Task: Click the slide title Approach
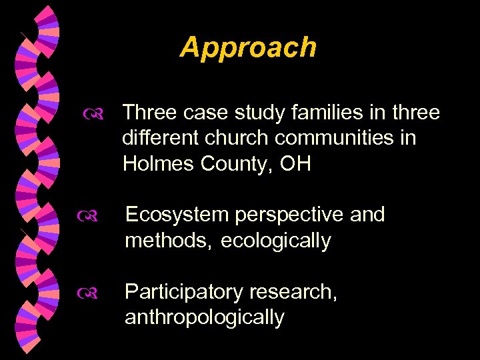click(248, 48)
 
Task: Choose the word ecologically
click(275, 240)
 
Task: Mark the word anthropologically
click(205, 317)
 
